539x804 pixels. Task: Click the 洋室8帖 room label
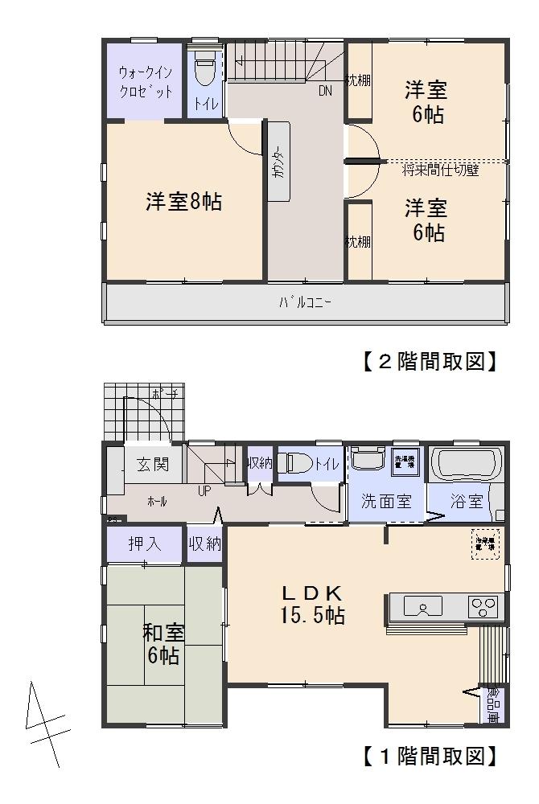click(x=183, y=202)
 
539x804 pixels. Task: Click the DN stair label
click(x=324, y=91)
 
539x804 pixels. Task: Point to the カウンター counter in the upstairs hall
click(x=278, y=165)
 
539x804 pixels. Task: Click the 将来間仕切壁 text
click(x=440, y=170)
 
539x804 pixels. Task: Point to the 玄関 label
click(x=152, y=464)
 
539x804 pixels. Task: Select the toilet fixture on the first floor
click(x=298, y=465)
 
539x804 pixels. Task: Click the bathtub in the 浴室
click(x=467, y=465)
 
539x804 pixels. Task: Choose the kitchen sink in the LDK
click(x=422, y=605)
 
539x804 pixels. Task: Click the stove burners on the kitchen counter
click(x=484, y=605)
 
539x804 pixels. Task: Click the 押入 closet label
click(x=145, y=544)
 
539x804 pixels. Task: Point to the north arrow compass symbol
click(x=44, y=724)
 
